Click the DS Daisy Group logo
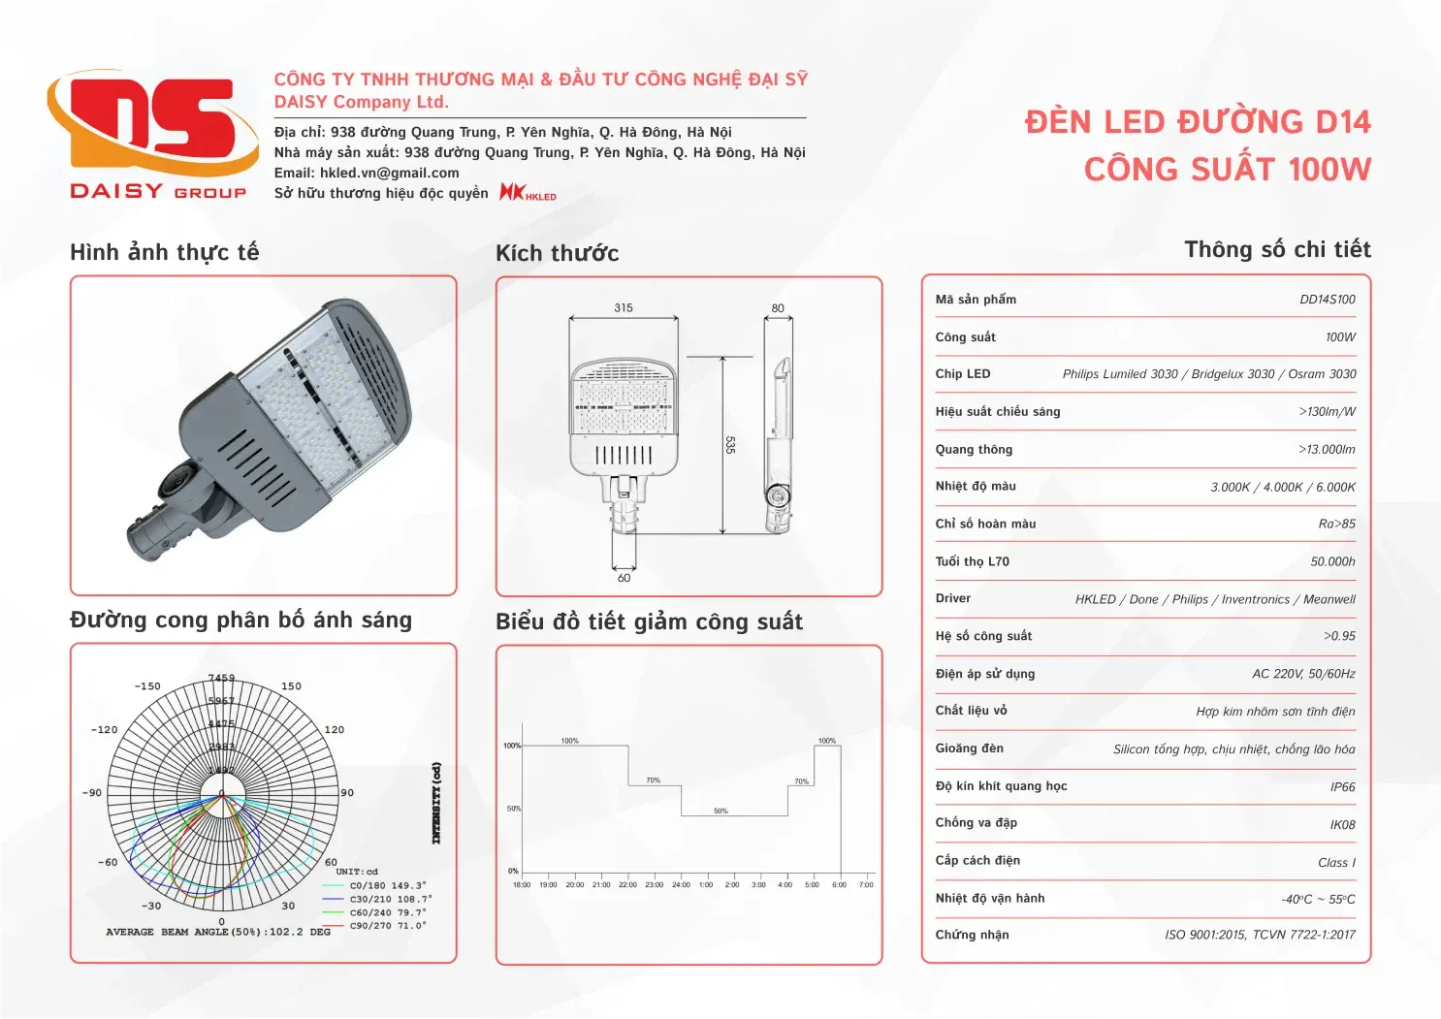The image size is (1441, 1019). click(x=153, y=135)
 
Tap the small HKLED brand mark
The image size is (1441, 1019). click(x=528, y=192)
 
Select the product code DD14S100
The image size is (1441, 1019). click(x=1327, y=300)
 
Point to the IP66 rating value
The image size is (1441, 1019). click(x=1342, y=787)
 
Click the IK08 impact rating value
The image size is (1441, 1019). click(x=1342, y=825)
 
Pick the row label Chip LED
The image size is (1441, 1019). click(x=962, y=374)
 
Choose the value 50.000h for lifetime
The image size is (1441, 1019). click(x=1332, y=561)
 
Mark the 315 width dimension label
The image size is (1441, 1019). click(x=624, y=308)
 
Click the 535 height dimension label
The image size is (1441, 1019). click(x=730, y=445)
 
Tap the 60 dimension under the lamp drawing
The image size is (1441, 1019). click(x=624, y=578)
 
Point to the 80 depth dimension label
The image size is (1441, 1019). click(x=778, y=308)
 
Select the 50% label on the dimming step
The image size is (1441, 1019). click(x=720, y=811)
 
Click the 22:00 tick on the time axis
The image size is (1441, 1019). click(x=627, y=884)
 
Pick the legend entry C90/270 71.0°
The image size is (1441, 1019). click(x=387, y=926)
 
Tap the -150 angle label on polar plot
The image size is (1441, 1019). click(x=147, y=686)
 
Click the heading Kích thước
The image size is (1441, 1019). click(x=557, y=254)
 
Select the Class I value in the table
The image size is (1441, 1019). click(x=1336, y=863)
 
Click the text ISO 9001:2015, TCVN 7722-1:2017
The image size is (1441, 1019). click(x=1260, y=935)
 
